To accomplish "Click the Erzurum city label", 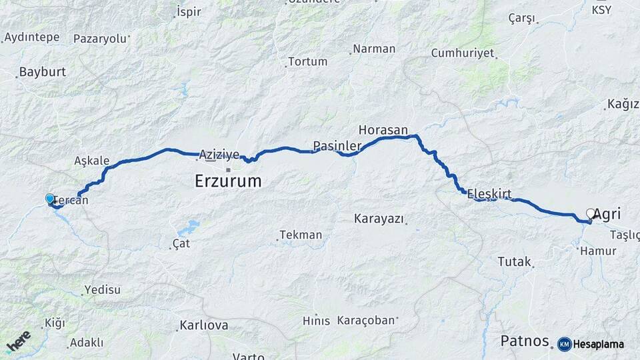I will pyautogui.click(x=228, y=181).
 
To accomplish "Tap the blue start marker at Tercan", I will pyautogui.click(x=49, y=199).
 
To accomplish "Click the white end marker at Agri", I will pyautogui.click(x=590, y=213).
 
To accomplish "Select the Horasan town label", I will pyautogui.click(x=383, y=129).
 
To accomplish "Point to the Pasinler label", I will pyautogui.click(x=337, y=146).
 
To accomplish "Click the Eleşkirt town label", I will pyautogui.click(x=489, y=194).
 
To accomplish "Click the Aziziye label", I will pyautogui.click(x=219, y=155).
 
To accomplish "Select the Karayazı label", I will pyautogui.click(x=379, y=218).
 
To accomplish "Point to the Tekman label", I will pyautogui.click(x=301, y=235).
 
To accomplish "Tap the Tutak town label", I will pyautogui.click(x=514, y=261).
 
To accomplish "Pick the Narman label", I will pyautogui.click(x=374, y=49).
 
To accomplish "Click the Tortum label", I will pyautogui.click(x=307, y=61).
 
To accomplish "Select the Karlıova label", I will pyautogui.click(x=204, y=326).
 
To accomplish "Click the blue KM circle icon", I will pyautogui.click(x=564, y=344).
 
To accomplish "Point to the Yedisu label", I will pyautogui.click(x=102, y=290).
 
